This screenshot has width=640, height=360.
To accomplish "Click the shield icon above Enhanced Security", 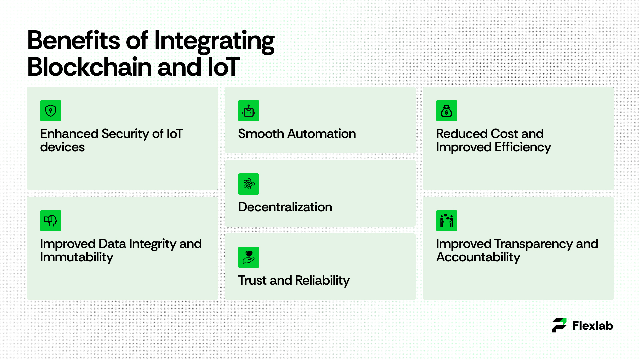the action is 51,111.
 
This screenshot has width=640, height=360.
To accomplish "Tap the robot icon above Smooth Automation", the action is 249,111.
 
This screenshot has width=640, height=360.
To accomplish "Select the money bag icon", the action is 447,111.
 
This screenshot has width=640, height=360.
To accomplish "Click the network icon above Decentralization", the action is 249,184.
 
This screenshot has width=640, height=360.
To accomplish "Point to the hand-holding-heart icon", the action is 249,257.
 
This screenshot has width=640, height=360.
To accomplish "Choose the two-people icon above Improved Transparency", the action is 447,221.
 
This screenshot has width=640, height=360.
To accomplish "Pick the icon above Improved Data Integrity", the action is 51,221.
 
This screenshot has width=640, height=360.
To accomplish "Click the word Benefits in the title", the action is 73,40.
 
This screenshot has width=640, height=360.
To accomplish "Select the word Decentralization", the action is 285,207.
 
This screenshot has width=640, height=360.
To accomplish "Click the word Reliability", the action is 322,281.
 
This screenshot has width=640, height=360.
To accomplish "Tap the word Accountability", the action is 478,257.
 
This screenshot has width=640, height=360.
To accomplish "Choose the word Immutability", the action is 77,257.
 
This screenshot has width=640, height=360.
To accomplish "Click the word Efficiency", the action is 523,147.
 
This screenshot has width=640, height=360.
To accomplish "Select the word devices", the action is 62,147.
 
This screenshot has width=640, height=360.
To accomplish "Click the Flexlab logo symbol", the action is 559,325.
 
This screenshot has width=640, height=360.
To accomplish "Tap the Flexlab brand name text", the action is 593,326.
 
